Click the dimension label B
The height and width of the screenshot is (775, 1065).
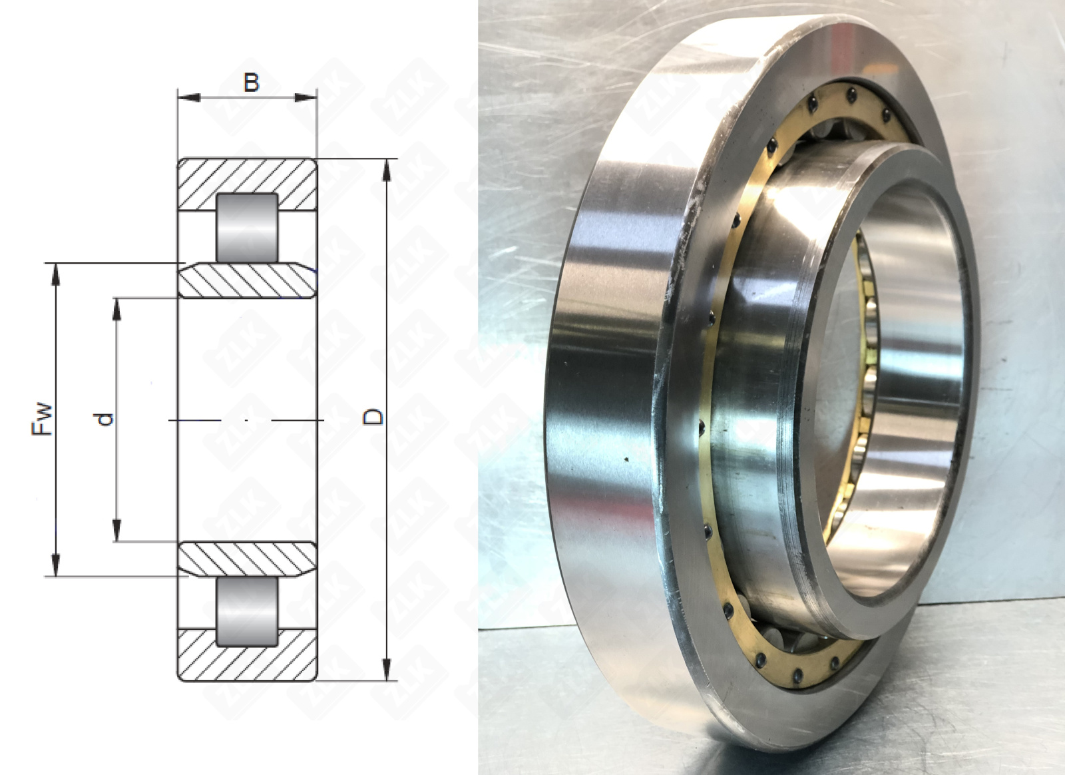tap(252, 83)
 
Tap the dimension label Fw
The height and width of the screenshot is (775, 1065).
tap(42, 419)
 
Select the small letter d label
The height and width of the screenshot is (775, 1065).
tap(104, 419)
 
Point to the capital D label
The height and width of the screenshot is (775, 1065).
tap(373, 417)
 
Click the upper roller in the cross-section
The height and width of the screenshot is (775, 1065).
tap(247, 228)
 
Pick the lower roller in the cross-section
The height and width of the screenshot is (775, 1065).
tap(247, 612)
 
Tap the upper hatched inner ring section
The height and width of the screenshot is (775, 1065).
tap(247, 280)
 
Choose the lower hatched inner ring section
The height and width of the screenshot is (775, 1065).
tap(247, 559)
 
